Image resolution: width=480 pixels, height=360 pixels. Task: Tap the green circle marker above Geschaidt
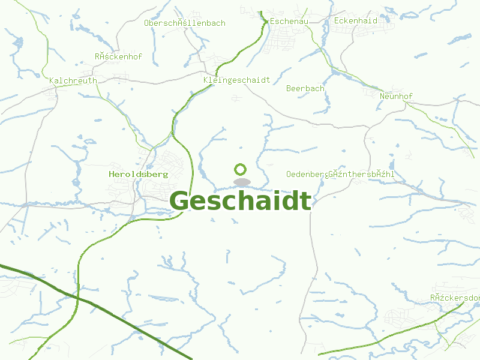tap(241, 170)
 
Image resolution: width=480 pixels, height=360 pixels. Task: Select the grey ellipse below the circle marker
tap(242, 182)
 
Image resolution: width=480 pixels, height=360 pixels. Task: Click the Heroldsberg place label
tap(139, 174)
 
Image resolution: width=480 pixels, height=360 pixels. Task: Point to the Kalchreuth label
tap(73, 80)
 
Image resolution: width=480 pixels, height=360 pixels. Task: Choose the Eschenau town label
tap(289, 21)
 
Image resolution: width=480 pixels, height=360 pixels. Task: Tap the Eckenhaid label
tap(356, 21)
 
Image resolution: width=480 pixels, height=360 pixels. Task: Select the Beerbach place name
tap(305, 88)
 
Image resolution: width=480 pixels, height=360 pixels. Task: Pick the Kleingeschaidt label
tap(237, 80)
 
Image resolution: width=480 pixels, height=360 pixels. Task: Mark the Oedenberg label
tap(306, 174)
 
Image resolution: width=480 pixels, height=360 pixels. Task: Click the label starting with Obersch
tap(185, 23)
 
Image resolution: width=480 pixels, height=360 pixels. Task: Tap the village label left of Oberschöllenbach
tap(118, 57)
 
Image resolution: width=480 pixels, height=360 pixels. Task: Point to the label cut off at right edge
tap(455, 298)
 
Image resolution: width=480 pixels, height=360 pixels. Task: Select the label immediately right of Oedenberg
tap(361, 174)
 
